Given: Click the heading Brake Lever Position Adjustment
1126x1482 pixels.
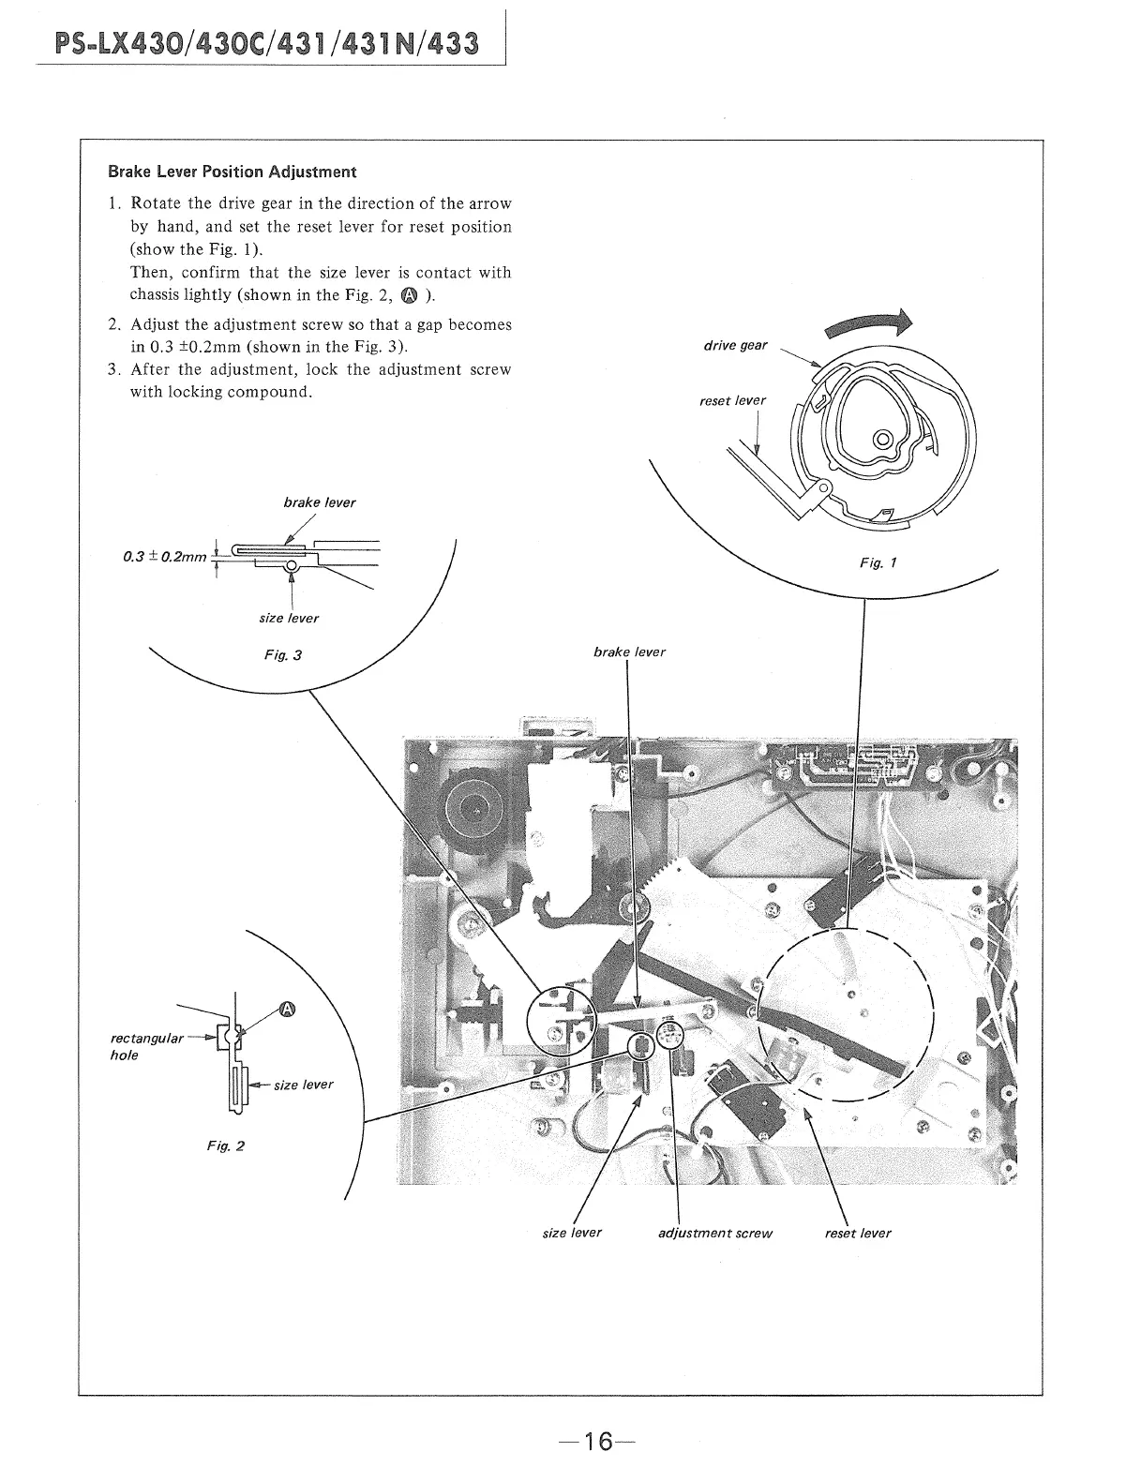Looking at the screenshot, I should [x=232, y=172].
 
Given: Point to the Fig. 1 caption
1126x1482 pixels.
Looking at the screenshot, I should [x=878, y=563].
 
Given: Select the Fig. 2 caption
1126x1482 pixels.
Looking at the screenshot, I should [x=226, y=1145].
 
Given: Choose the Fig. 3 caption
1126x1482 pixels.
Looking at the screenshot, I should [x=283, y=654].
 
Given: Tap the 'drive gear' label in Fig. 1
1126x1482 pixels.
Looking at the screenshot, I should [x=735, y=345].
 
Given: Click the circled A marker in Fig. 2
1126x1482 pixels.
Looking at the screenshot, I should [x=287, y=1009].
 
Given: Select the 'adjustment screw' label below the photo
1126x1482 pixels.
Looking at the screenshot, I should [x=714, y=1233].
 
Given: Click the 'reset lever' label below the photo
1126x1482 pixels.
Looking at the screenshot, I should [x=858, y=1233].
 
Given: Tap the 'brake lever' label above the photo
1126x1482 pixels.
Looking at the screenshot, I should [x=629, y=651].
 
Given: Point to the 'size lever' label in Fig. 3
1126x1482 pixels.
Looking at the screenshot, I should [x=289, y=618].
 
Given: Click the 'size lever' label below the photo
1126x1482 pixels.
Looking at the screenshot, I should [x=572, y=1232].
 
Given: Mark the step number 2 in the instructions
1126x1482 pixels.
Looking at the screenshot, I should [x=113, y=324].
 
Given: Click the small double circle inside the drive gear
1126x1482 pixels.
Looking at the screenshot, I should [x=882, y=439].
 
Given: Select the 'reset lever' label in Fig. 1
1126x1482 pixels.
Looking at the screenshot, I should [x=732, y=400].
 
